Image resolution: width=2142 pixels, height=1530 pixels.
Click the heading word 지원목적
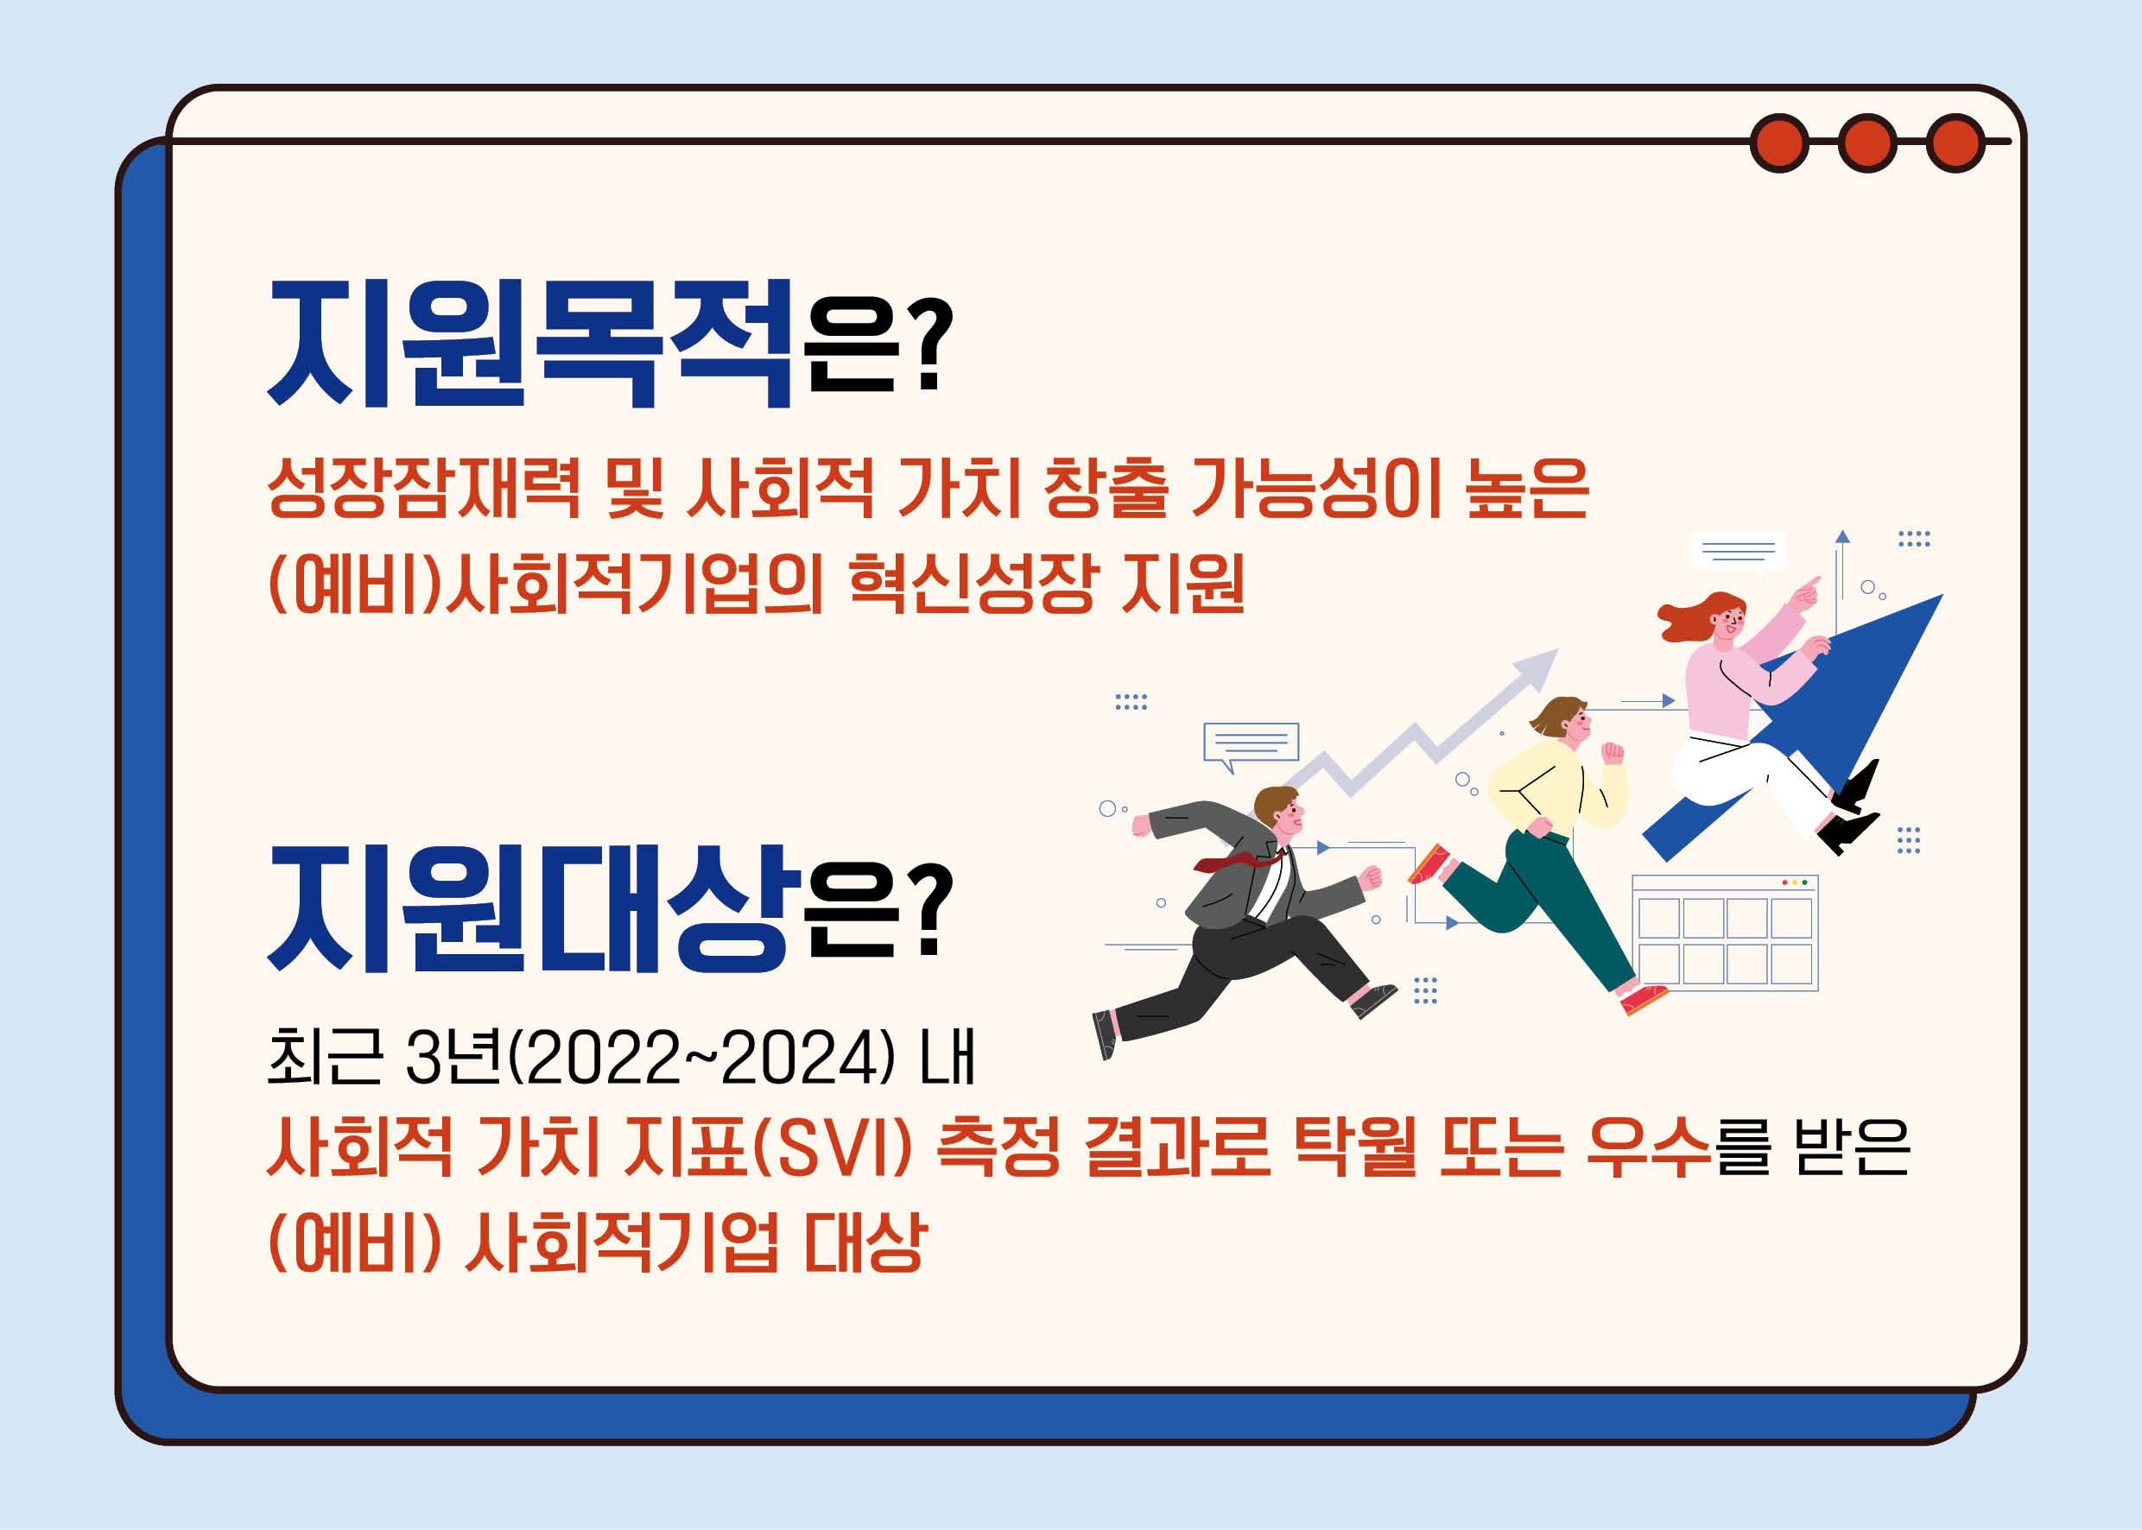click(x=530, y=344)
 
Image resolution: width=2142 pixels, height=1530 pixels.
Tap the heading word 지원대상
click(x=530, y=908)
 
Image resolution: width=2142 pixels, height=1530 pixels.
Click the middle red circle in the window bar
click(x=1866, y=143)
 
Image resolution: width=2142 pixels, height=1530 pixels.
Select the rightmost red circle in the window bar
click(x=1955, y=143)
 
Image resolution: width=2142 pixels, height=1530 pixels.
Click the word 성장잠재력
click(x=424, y=488)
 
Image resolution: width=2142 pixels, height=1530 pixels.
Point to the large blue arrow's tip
click(x=1942, y=595)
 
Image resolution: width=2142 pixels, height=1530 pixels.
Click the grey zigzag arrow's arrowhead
click(x=1537, y=662)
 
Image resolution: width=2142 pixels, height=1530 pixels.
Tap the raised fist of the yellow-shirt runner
click(x=1613, y=752)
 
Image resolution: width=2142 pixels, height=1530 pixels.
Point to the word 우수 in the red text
click(x=1649, y=1147)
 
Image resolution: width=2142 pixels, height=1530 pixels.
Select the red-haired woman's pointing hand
click(x=1805, y=591)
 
